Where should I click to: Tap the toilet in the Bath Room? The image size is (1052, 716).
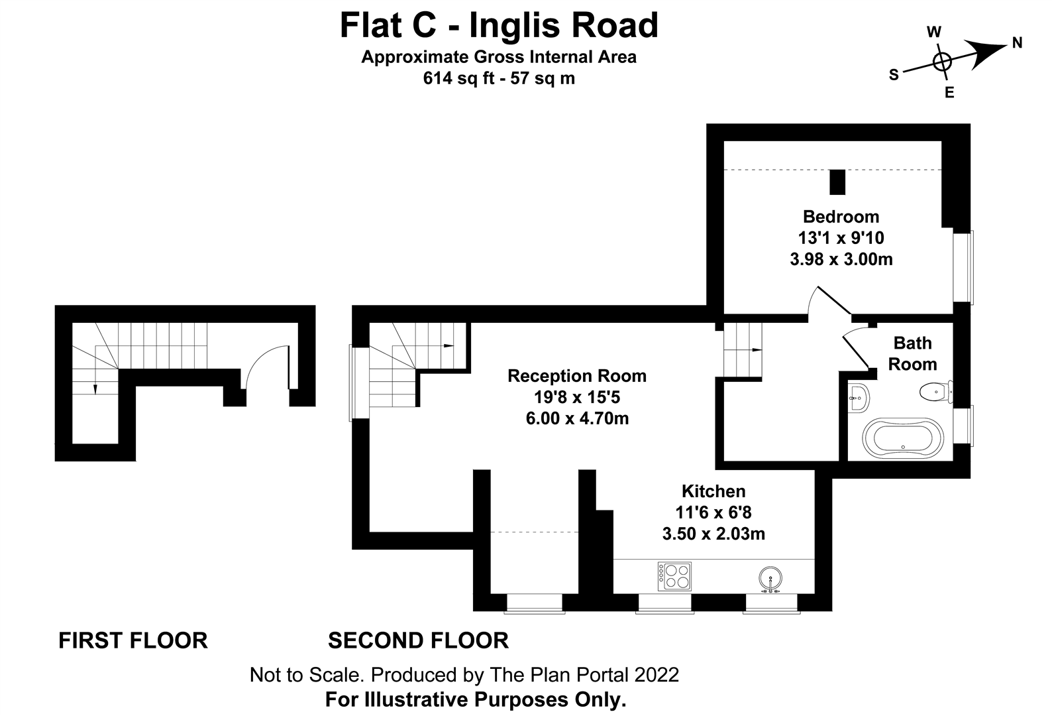[935, 392]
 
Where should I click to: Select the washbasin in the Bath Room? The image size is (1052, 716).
[858, 398]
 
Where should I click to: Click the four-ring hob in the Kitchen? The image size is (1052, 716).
[674, 576]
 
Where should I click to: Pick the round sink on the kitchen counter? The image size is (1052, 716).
[770, 577]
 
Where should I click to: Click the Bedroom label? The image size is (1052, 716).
[841, 217]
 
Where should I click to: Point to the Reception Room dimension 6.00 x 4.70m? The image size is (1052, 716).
[576, 418]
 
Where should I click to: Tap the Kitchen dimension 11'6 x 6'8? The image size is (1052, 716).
[713, 512]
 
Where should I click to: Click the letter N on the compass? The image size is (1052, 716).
[1017, 43]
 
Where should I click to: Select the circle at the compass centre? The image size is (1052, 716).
[941, 62]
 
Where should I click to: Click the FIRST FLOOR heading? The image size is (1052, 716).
[133, 640]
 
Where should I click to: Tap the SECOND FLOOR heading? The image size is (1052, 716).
[418, 640]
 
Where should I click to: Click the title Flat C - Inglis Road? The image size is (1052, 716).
[499, 26]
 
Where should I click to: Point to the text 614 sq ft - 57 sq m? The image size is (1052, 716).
[499, 78]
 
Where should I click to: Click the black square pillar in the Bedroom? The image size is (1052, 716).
[837, 182]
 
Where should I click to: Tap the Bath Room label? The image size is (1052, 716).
[912, 353]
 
